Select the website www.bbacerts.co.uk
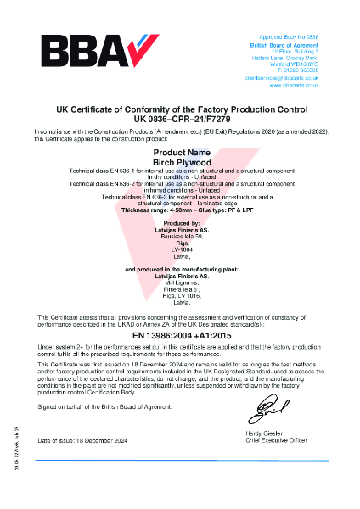coord(294,86)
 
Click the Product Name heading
coord(180,151)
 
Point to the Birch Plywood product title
coord(180,160)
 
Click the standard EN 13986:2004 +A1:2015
coord(180,337)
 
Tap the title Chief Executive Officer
coord(271,440)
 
